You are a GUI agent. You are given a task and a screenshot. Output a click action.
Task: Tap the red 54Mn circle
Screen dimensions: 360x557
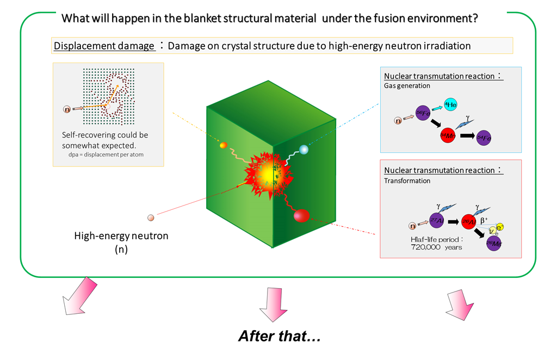448,134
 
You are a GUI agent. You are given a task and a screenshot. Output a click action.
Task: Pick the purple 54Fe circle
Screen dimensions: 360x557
484,138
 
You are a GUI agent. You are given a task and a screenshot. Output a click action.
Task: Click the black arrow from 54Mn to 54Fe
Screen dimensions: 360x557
466,135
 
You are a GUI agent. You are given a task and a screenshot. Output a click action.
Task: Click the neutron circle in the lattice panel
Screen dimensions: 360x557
67,109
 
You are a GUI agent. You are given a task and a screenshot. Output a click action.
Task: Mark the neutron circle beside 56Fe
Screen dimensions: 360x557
398,120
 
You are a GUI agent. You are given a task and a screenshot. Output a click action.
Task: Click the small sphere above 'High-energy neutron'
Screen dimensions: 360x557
151,218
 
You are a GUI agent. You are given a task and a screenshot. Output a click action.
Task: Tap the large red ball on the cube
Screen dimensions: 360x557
301,216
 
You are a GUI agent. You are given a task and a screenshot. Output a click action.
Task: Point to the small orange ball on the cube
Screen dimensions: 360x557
222,145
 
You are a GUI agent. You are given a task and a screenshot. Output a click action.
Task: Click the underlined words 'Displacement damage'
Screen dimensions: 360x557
104,46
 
